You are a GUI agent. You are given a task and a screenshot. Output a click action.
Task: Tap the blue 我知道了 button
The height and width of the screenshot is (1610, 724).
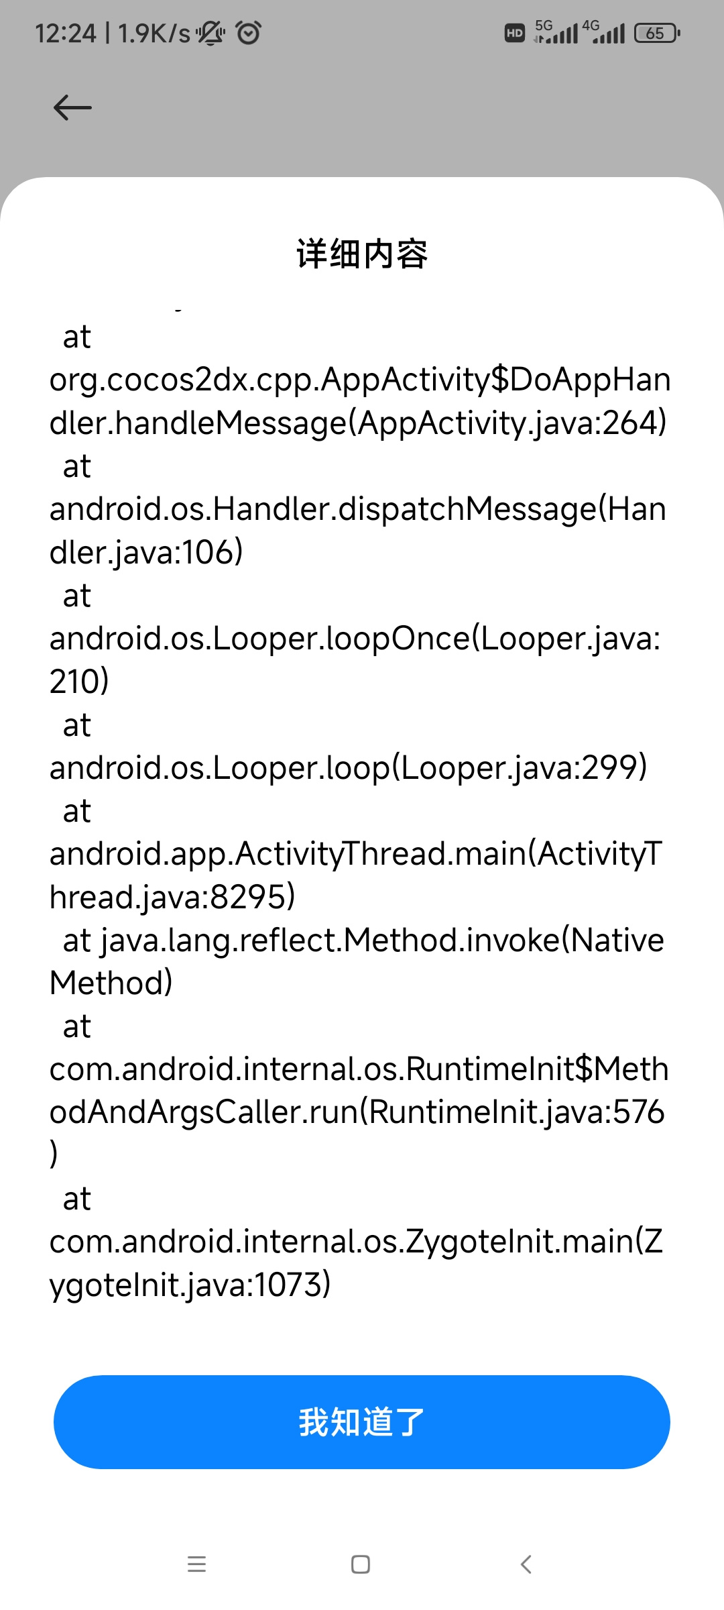tap(362, 1421)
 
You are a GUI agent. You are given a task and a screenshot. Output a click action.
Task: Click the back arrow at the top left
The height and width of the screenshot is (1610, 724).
tap(72, 107)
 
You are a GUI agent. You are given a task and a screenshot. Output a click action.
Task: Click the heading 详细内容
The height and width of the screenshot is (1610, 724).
tap(362, 254)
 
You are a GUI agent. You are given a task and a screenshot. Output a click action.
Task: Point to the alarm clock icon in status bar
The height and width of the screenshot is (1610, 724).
tap(249, 32)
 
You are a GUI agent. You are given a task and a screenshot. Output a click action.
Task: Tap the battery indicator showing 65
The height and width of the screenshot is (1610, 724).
tap(657, 33)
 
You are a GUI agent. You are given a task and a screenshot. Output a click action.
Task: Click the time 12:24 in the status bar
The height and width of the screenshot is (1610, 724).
tap(66, 33)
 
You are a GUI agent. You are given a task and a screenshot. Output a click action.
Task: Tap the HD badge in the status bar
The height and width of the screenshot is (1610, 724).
tap(514, 33)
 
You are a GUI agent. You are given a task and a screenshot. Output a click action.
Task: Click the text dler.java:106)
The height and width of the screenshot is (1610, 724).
tap(146, 553)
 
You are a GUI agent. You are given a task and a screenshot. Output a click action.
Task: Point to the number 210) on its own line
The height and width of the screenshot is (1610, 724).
tap(79, 682)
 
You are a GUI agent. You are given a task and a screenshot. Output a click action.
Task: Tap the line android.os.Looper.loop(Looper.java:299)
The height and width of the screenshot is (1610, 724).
tap(349, 768)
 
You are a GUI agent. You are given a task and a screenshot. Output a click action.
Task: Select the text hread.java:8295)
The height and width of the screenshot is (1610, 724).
tap(172, 898)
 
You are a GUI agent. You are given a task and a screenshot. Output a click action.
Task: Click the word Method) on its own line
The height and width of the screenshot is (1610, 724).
tap(111, 983)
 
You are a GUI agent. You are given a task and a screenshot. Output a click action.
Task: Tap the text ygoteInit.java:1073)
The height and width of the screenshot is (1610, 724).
tap(190, 1285)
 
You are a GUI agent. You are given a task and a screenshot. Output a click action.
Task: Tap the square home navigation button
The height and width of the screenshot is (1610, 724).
tap(361, 1564)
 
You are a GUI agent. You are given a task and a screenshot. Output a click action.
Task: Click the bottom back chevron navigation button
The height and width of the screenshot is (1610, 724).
tap(526, 1564)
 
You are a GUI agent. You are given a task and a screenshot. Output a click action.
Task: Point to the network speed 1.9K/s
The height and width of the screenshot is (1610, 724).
tap(154, 33)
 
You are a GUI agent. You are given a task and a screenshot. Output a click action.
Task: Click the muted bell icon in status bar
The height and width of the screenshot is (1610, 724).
tap(210, 33)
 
